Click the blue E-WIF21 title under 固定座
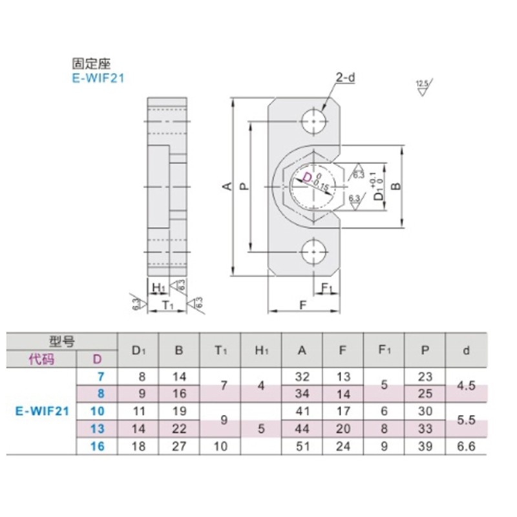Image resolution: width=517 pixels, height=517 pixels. [x=98, y=79]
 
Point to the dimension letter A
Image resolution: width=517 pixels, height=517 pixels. [x=227, y=187]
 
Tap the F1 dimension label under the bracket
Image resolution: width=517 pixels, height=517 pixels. [x=326, y=287]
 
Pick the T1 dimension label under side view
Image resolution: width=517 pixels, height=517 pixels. [x=167, y=304]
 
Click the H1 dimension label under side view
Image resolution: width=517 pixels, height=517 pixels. [x=157, y=287]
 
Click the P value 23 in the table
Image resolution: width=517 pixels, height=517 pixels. [x=424, y=375]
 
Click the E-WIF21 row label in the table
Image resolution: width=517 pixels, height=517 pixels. [x=39, y=410]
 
